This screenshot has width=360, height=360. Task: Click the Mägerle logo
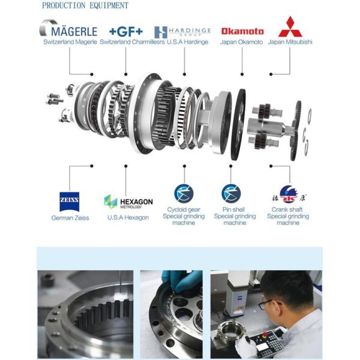point(68,29)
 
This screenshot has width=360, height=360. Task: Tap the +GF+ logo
point(125,31)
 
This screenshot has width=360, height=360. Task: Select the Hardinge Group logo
point(182,31)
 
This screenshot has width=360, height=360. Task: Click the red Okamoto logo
point(242,31)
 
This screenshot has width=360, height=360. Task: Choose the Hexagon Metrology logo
point(128,202)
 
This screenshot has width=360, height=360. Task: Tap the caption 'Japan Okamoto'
point(242,42)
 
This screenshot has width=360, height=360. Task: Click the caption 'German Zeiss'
point(70,218)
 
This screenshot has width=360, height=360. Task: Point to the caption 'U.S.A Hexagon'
point(128,218)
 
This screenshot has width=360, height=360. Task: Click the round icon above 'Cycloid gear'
point(184,193)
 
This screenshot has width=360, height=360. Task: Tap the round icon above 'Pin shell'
point(231,193)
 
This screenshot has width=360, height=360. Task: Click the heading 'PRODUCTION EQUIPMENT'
point(85,5)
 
